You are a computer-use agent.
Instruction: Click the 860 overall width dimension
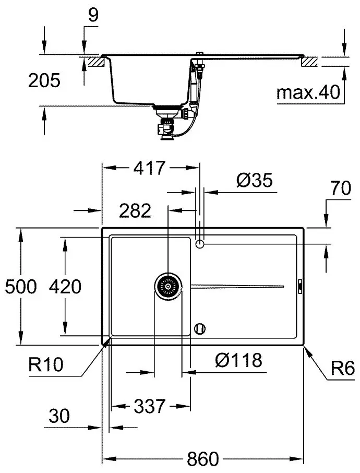202,459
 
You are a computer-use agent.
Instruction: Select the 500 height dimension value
21,287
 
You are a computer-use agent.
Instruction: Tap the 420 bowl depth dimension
65,287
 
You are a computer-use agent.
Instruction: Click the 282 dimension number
135,210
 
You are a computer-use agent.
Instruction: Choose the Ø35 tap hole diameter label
254,181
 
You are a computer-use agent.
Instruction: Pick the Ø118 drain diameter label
238,360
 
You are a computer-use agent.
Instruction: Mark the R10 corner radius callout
46,364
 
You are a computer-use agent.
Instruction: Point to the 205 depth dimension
44,80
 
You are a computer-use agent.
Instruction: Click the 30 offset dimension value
59,416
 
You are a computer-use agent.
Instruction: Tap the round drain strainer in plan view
168,286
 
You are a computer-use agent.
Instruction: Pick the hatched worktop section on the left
96,62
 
